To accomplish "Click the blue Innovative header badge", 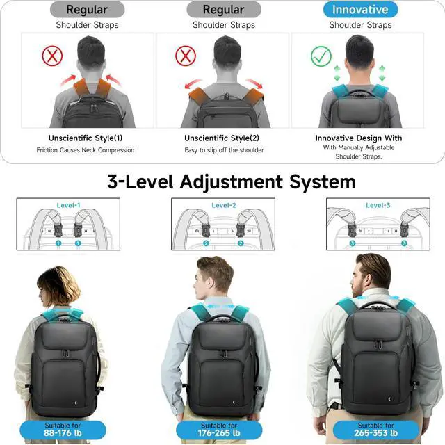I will pyautogui.click(x=360, y=10).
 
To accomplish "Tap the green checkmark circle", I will pyautogui.click(x=322, y=56).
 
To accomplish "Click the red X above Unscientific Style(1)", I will pyautogui.click(x=52, y=56).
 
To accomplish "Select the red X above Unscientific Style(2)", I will pyautogui.click(x=186, y=56).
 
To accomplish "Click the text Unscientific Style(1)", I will pyautogui.click(x=86, y=138).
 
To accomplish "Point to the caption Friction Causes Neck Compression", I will pyautogui.click(x=86, y=150).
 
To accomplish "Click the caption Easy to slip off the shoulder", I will pyautogui.click(x=224, y=150).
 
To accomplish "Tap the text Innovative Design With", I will pyautogui.click(x=359, y=138).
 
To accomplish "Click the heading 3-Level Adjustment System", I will pyautogui.click(x=232, y=182).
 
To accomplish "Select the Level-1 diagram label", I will pyautogui.click(x=68, y=205).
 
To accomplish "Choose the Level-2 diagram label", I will pyautogui.click(x=224, y=205).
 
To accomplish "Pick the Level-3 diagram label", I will pyautogui.click(x=378, y=205).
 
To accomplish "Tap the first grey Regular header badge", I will pyautogui.click(x=87, y=10).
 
